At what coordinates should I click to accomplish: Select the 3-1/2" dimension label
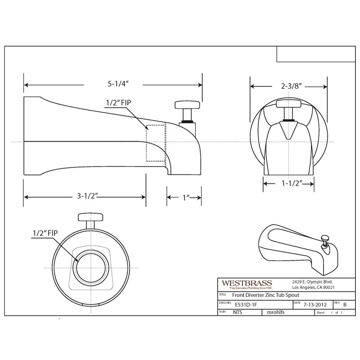click(x=84, y=197)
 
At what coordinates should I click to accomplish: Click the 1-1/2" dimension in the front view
click(x=288, y=184)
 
